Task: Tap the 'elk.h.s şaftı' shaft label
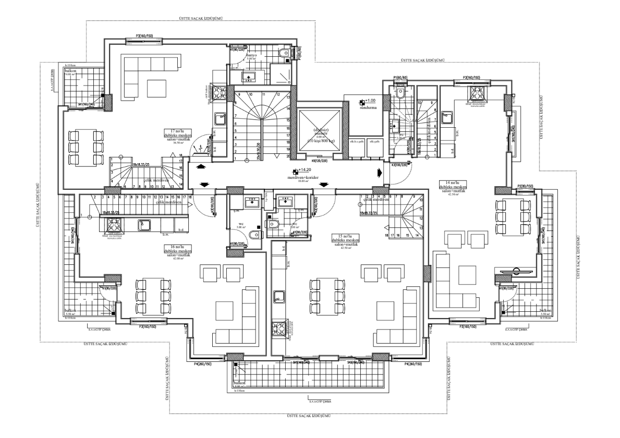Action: (x=357, y=141)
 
